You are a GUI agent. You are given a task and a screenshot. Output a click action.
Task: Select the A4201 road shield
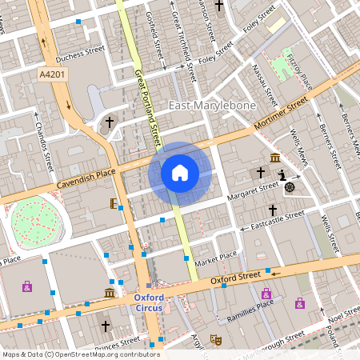tap(52, 74)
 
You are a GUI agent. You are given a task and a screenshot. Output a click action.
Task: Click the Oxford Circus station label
tap(149, 303)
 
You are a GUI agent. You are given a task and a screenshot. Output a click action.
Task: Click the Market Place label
tap(217, 257)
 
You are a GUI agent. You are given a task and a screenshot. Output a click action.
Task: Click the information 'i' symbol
tap(282, 175)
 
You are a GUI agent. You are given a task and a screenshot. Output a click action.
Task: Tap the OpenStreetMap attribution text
tap(81, 354)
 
